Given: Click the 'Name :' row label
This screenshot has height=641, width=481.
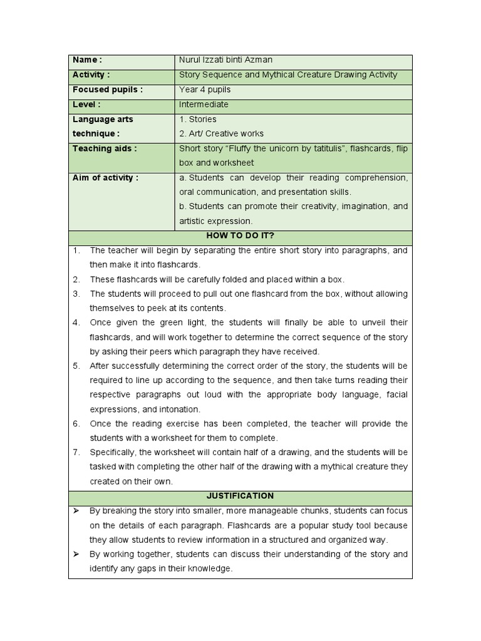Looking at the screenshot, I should click(87, 60).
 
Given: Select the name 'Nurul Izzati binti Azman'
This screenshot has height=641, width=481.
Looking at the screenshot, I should click(225, 60).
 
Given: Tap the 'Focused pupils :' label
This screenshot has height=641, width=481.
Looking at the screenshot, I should click(107, 90).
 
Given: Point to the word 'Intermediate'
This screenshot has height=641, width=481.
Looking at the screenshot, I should click(204, 105).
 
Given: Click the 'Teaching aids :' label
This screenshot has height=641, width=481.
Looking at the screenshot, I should click(104, 148).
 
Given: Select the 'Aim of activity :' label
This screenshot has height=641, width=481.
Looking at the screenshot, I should click(105, 178).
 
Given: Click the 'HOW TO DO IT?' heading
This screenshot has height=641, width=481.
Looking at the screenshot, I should click(240, 236).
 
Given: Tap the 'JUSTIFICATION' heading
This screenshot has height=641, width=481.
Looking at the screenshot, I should click(240, 496).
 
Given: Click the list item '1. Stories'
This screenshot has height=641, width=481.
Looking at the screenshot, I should click(198, 119).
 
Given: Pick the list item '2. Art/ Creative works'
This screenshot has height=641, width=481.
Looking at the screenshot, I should click(221, 133).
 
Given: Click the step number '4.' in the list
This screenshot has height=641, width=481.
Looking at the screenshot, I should click(76, 322).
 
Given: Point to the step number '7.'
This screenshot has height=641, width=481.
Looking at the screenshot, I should click(76, 452).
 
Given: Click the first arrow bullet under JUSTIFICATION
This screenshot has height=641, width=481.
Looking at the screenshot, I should click(76, 511).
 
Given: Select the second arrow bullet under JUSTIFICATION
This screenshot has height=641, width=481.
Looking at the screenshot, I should click(76, 554).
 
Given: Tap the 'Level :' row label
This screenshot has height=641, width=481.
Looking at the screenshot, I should click(86, 105).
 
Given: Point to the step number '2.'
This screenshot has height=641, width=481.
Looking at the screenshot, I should click(76, 279).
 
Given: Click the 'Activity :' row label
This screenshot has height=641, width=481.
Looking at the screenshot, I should click(91, 74).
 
